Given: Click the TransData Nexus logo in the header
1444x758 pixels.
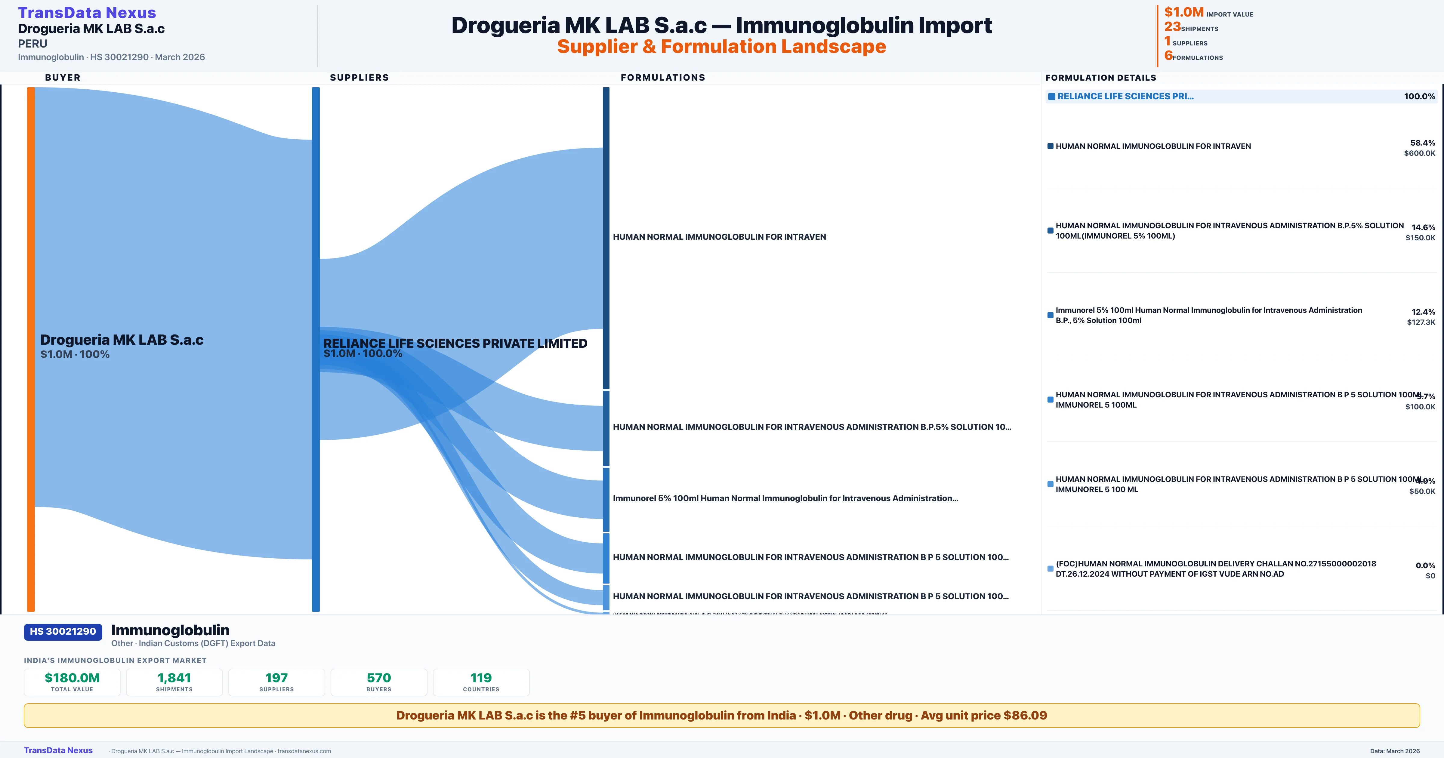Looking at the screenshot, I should pyautogui.click(x=87, y=12).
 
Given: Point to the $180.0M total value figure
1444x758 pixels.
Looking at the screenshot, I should pyautogui.click(x=72, y=678).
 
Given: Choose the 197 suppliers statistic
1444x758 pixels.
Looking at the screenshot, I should pyautogui.click(x=276, y=678).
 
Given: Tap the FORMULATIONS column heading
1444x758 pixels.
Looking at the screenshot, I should pyautogui.click(x=662, y=77).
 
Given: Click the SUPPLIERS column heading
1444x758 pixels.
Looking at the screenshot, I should pyautogui.click(x=359, y=77).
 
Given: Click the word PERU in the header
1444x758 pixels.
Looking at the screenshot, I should pyautogui.click(x=32, y=44).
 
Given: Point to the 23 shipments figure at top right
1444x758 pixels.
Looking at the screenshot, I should pyautogui.click(x=1172, y=26).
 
